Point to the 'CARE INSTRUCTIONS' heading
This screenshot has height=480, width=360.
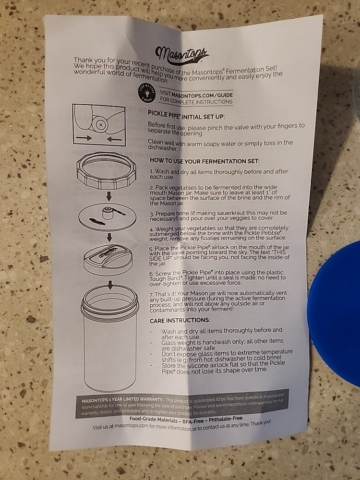pos(180,320)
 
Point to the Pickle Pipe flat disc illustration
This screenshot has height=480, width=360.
pos(106,216)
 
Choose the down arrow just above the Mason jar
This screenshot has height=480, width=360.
pos(109,284)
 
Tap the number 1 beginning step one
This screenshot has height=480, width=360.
pos(151,171)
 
